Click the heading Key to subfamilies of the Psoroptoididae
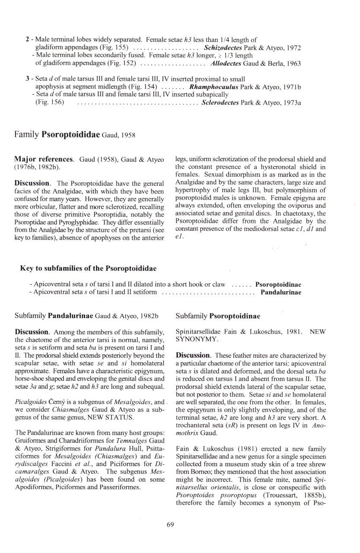point(88,268)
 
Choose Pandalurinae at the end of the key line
point(281,292)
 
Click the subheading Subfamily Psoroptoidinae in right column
point(218,316)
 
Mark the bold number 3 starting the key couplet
point(27,79)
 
